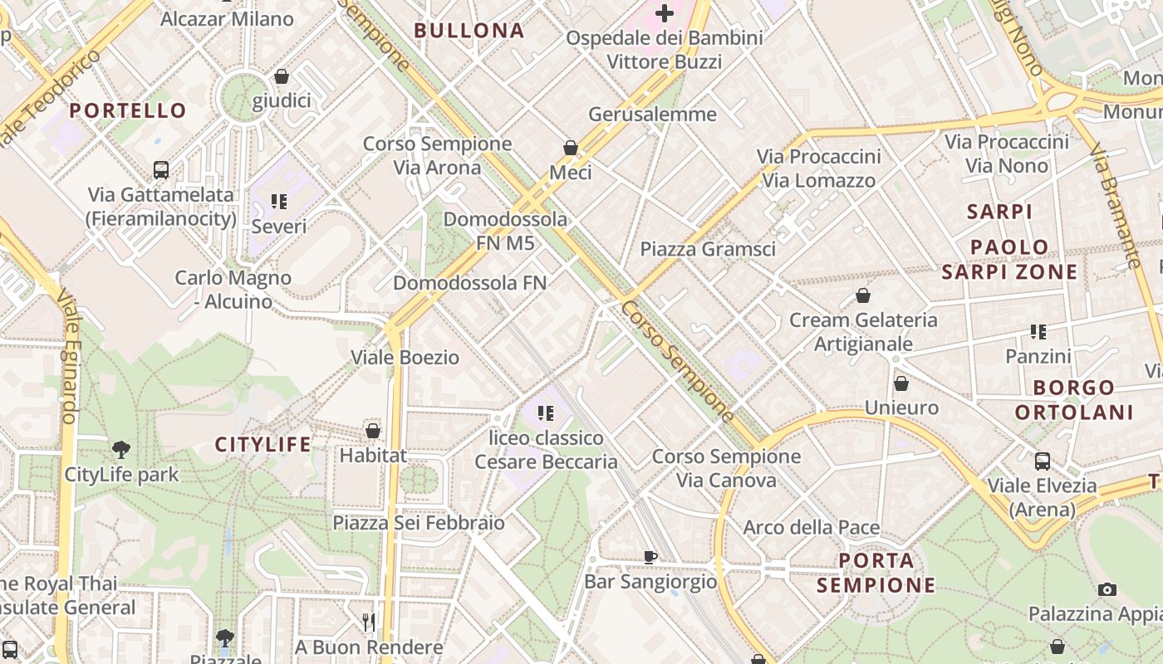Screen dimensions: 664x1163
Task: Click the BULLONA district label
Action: point(469,31)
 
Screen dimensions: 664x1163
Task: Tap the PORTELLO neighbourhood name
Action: point(128,110)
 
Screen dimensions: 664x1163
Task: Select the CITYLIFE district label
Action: point(263,445)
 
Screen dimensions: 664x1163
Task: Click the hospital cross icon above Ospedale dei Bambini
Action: point(665,13)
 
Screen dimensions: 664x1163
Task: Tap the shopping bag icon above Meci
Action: point(571,148)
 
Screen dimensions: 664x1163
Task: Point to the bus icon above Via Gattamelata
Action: point(161,170)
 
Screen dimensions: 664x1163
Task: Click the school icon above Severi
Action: point(279,202)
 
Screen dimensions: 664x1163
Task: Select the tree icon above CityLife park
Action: point(121,450)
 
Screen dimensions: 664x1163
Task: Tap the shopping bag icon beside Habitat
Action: point(373,431)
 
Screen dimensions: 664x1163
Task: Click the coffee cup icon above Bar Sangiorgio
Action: point(650,557)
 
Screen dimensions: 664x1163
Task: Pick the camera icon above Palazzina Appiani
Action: point(1107,589)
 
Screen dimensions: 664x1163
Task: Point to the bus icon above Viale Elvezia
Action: point(1043,461)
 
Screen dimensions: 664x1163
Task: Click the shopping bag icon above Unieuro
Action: point(901,383)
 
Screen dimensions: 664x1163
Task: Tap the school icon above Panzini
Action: point(1038,332)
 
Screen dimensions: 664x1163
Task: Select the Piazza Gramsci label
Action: point(708,249)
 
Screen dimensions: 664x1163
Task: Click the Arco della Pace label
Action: point(811,527)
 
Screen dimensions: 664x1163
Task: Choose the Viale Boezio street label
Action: point(405,358)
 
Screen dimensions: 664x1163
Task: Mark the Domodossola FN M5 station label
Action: point(505,232)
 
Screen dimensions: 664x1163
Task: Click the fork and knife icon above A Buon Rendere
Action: point(369,622)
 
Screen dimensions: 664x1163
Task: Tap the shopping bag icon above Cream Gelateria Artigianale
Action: point(863,295)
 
